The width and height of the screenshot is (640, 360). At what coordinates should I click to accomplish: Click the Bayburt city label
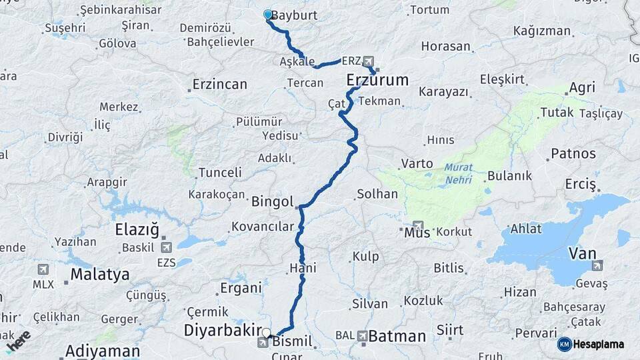(294, 15)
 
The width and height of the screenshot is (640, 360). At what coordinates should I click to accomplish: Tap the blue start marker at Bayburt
(267, 14)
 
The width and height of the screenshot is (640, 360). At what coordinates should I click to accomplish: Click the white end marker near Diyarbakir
(266, 332)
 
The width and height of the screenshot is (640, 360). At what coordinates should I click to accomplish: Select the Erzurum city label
(377, 81)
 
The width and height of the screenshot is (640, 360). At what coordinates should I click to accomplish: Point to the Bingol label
(273, 201)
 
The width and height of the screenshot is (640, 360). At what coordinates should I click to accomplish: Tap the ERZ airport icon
(369, 60)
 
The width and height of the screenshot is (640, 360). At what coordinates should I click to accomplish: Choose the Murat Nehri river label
(459, 174)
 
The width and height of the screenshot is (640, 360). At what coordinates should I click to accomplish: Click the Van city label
(583, 253)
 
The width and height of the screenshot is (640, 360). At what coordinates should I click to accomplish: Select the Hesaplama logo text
(598, 344)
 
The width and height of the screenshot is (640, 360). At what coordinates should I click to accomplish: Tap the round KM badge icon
(564, 344)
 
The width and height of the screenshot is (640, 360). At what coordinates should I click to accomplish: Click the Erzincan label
(219, 85)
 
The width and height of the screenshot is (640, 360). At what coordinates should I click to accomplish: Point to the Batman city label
(397, 336)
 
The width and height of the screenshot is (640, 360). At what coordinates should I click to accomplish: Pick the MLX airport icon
(43, 269)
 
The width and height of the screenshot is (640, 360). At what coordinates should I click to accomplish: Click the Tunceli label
(219, 173)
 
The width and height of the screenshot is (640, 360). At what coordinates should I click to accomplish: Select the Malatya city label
(100, 274)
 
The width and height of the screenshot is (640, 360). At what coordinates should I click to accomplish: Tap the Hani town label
(303, 268)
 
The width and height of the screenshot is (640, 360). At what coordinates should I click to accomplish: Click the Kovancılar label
(263, 227)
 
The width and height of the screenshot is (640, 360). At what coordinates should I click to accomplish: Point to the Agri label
(581, 89)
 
